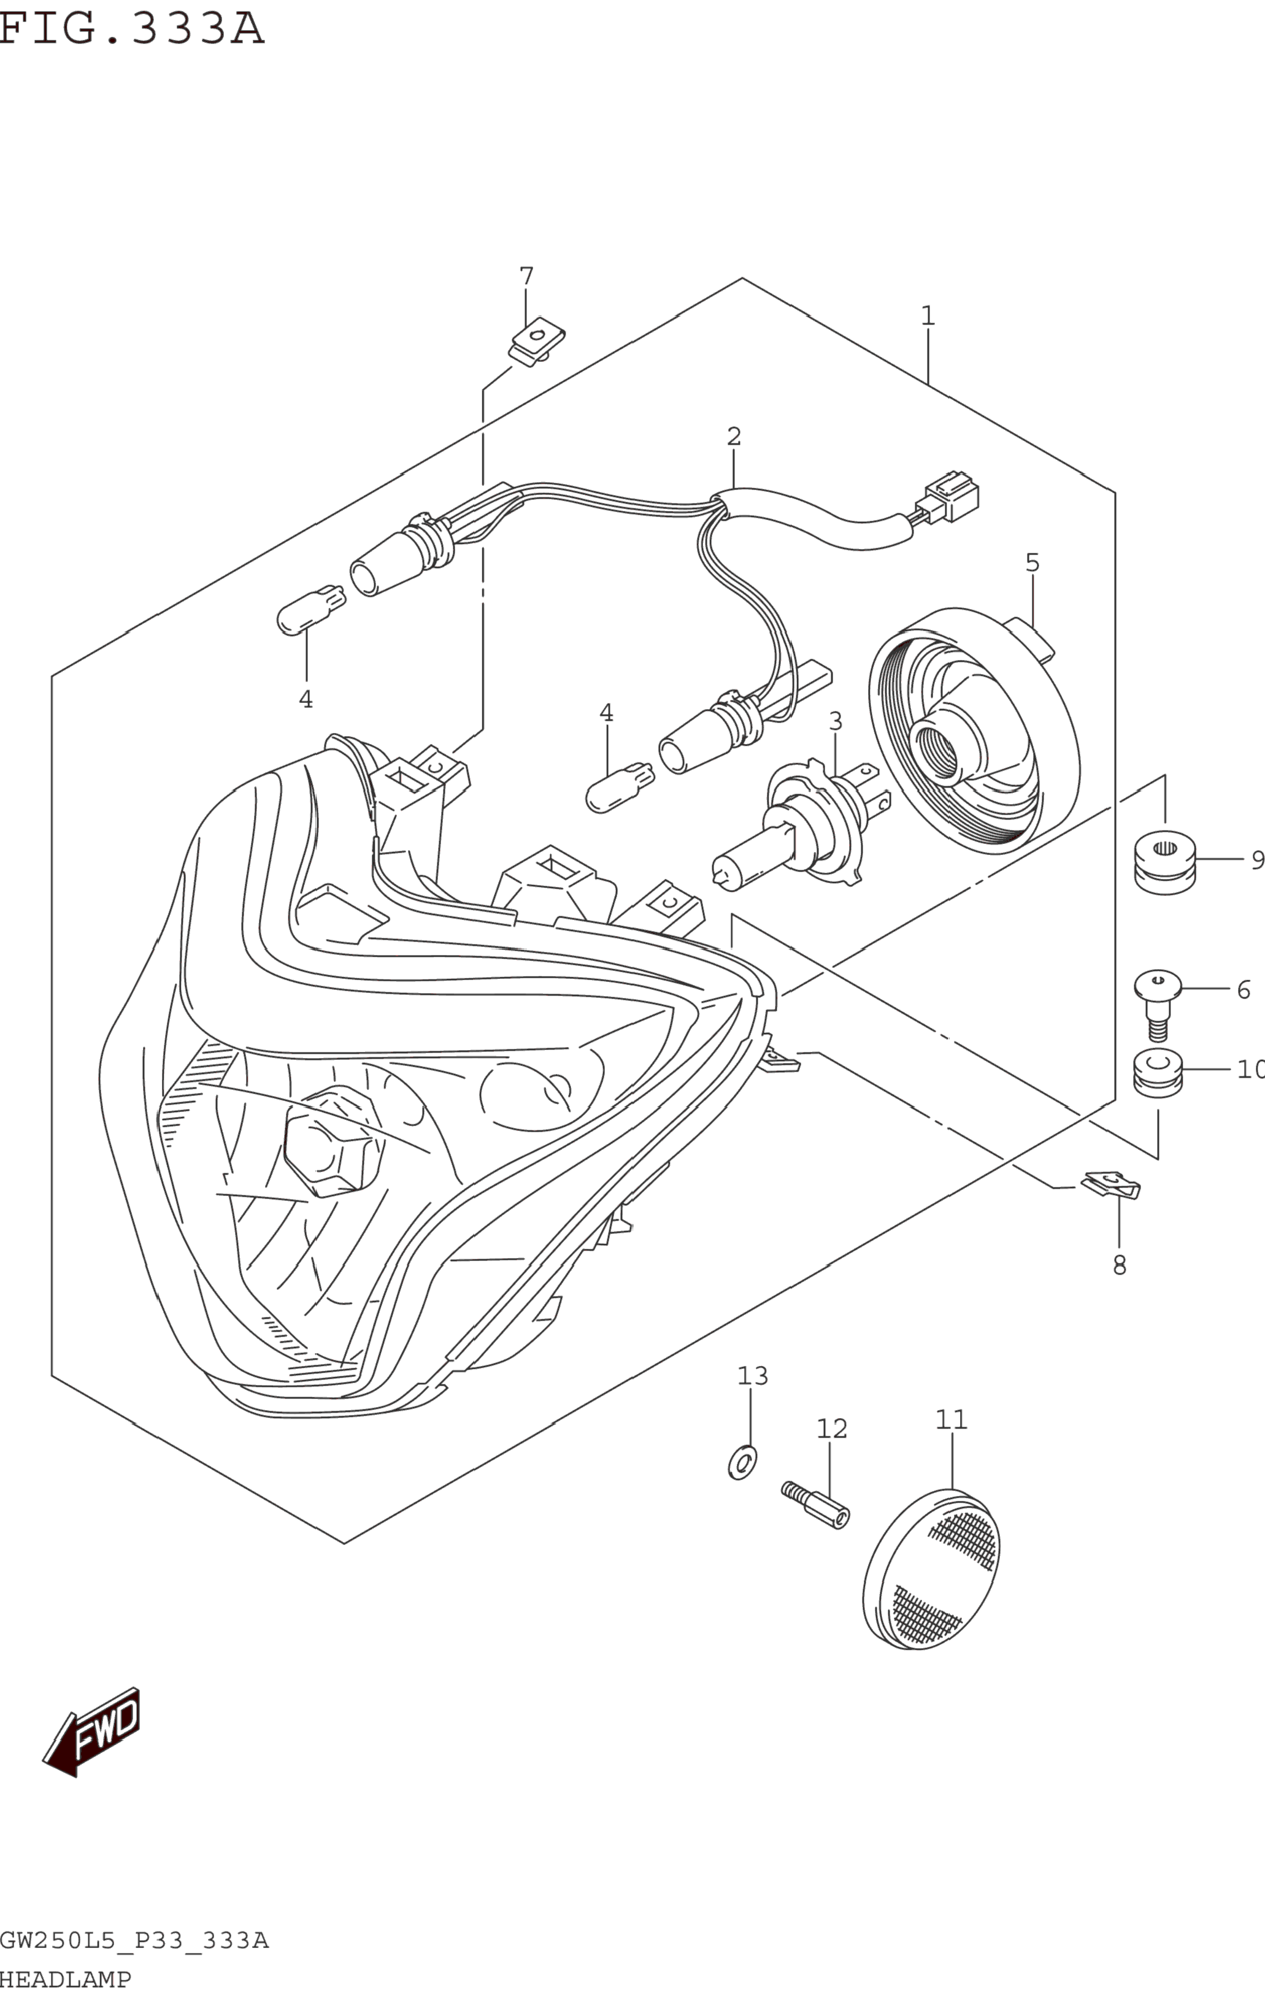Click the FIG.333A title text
(x=131, y=28)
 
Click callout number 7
(x=526, y=276)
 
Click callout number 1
(x=928, y=315)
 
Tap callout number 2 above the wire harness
(x=734, y=436)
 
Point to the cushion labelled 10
(x=1157, y=1073)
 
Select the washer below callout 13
(x=742, y=1462)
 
